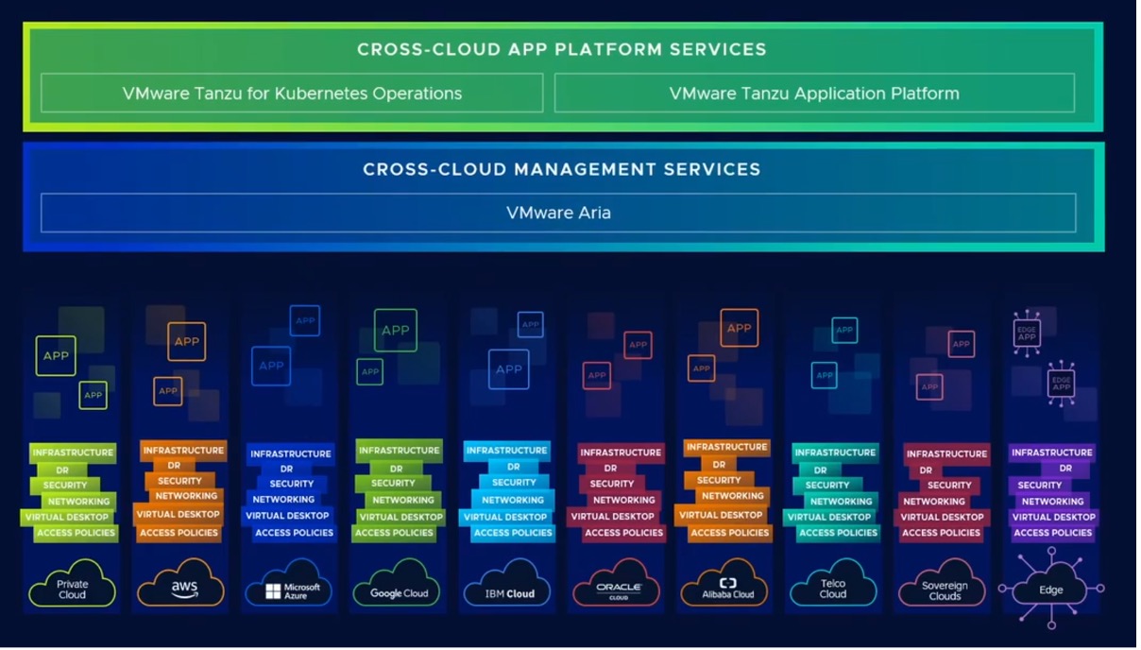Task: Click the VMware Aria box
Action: (558, 213)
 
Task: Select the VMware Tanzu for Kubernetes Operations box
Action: (292, 94)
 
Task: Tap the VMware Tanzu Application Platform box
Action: (814, 94)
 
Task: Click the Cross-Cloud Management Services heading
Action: (561, 170)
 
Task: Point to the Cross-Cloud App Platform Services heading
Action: (561, 49)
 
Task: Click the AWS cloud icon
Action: (181, 586)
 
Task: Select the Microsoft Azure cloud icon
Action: (288, 586)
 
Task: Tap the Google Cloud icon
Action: (398, 586)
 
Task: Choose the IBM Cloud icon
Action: (508, 587)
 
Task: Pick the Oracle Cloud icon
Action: (618, 587)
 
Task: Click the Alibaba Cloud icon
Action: (726, 587)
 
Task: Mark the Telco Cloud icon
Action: (832, 586)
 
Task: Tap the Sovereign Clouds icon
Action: (944, 586)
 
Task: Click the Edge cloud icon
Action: (1050, 589)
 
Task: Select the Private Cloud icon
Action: (72, 586)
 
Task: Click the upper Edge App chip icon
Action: (1027, 334)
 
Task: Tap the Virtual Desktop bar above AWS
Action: (178, 515)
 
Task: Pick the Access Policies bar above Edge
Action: (1052, 533)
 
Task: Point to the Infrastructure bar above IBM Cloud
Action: (506, 451)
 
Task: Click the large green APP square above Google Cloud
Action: (395, 331)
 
